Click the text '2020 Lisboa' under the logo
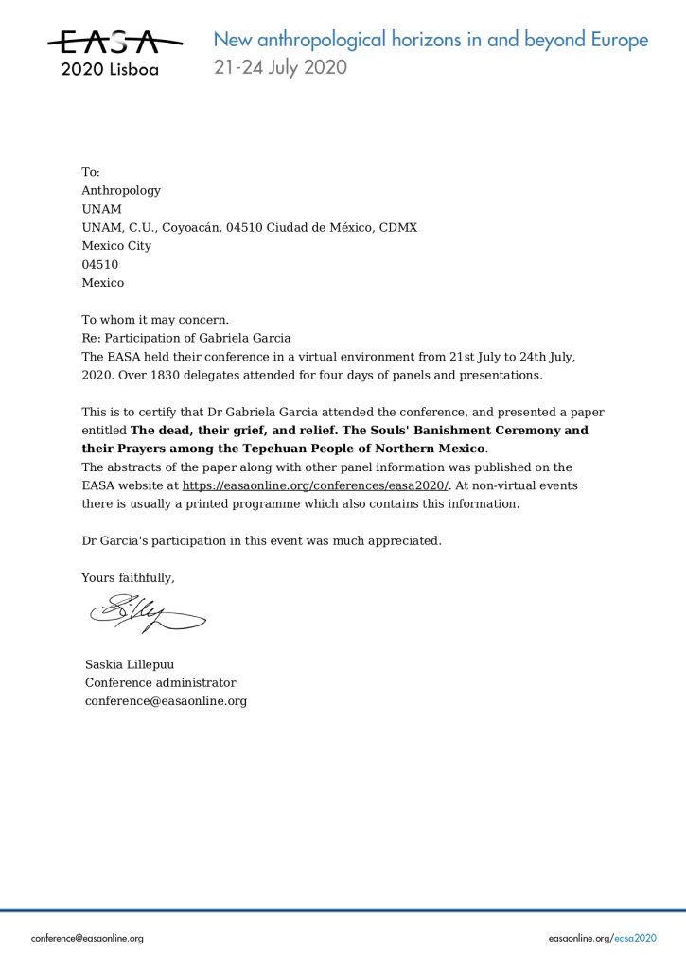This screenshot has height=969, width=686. click(110, 69)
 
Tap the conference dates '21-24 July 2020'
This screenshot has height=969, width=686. click(280, 67)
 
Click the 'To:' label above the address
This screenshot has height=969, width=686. click(91, 172)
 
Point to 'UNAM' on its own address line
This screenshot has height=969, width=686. click(101, 209)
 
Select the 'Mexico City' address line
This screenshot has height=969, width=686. click(116, 246)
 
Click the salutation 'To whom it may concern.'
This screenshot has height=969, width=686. click(155, 319)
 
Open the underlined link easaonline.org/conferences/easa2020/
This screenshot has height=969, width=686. click(315, 485)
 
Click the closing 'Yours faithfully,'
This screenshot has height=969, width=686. click(129, 577)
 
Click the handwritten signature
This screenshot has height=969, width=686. click(147, 613)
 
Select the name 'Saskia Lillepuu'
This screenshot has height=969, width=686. click(130, 664)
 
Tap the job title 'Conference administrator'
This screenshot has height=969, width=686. click(161, 682)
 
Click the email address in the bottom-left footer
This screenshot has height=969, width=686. click(87, 938)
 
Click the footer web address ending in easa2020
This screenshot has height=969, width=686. click(602, 938)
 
